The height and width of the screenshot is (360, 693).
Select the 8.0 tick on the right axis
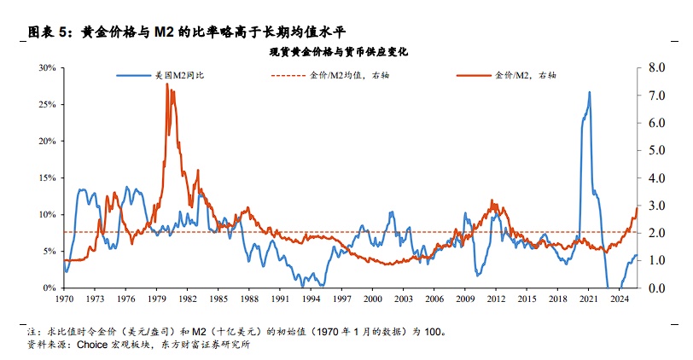[656, 67]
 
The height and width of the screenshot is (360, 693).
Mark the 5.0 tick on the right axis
[656, 150]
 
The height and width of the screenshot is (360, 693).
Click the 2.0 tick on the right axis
[656, 233]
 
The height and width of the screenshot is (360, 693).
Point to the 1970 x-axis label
[65, 299]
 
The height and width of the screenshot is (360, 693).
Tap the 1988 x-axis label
[249, 299]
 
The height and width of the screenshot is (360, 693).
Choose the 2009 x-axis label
[464, 299]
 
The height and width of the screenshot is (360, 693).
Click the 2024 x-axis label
[618, 299]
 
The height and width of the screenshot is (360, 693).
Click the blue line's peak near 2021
[589, 92]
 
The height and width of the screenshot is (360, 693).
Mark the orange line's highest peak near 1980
[167, 84]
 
